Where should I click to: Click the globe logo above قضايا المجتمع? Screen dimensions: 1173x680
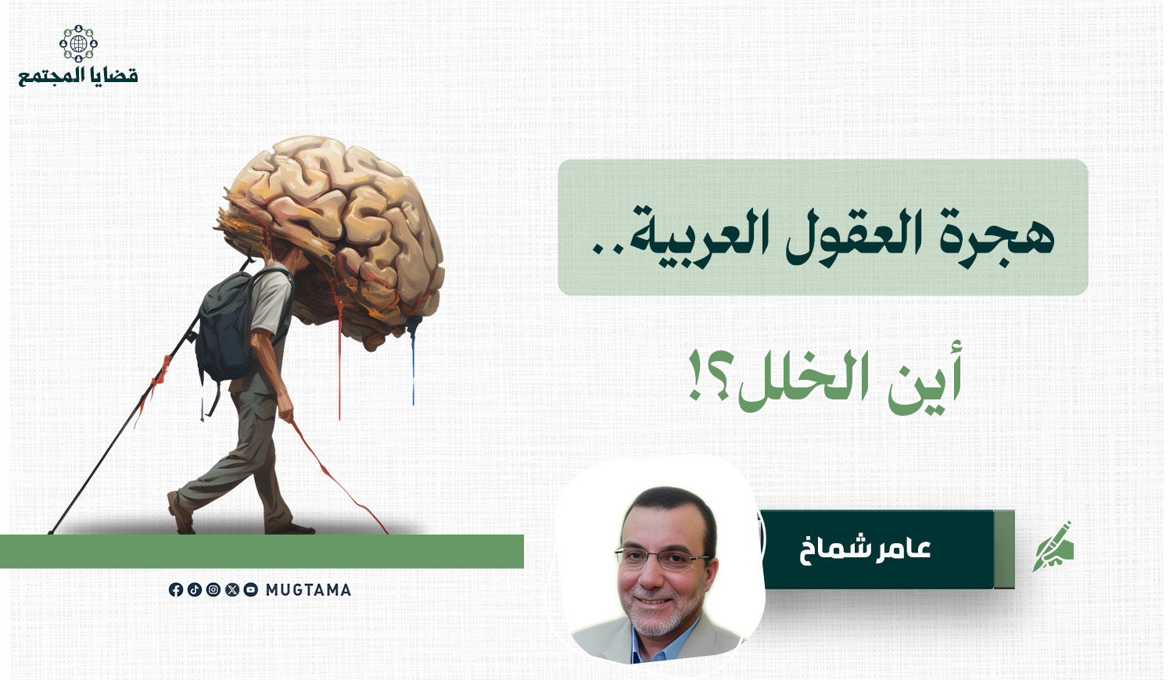[x=78, y=43]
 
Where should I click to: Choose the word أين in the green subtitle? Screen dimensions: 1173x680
[x=925, y=380]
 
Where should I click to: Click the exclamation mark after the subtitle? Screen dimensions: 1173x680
[x=694, y=376]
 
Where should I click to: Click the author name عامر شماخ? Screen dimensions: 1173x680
[x=865, y=549]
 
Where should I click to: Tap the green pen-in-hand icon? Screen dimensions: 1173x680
[x=1053, y=546]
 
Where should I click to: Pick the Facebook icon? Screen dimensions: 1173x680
[x=176, y=590]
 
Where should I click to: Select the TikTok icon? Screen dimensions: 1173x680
[x=195, y=590]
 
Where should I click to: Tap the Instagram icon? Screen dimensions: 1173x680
[x=213, y=590]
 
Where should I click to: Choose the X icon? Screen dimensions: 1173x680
[x=232, y=590]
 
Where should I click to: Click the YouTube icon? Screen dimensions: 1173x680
[x=251, y=590]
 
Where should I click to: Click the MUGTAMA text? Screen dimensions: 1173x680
[x=308, y=590]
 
